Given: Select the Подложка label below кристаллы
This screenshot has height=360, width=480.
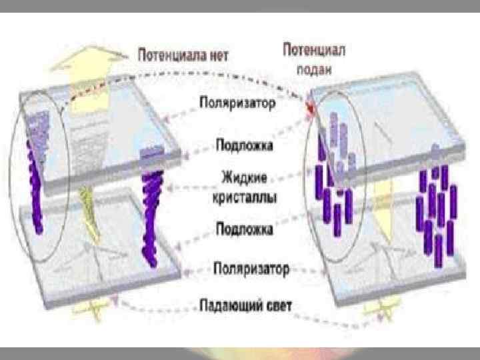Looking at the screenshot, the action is [244, 229].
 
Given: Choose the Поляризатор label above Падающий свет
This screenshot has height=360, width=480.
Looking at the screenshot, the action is [251, 269].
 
